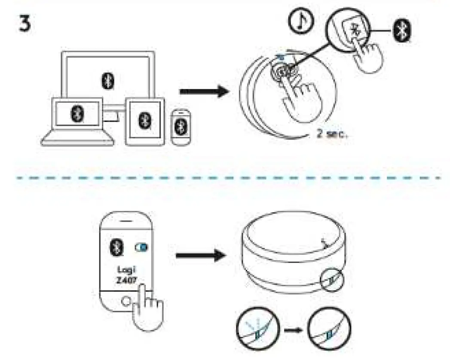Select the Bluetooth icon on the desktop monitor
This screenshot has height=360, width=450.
(108, 81)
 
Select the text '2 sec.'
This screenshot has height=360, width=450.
(331, 133)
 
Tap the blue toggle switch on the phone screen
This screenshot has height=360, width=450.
(140, 247)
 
